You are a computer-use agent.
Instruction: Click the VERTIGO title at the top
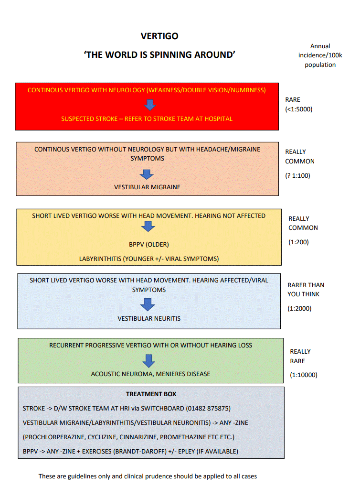point(159,36)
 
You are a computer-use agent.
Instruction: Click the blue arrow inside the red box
point(150,105)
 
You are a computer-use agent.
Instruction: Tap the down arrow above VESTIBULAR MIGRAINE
point(147,174)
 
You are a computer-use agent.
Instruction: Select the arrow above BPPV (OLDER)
point(148,227)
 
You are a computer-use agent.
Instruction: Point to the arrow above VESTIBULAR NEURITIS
point(148,304)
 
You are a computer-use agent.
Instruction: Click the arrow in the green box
point(149,361)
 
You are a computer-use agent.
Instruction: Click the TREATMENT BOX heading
point(151,394)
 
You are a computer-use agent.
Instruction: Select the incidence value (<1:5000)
point(299,109)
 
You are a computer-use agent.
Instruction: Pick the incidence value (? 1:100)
point(297,175)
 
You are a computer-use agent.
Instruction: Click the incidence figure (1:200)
point(298,242)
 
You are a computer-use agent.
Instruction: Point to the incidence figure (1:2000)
point(299,308)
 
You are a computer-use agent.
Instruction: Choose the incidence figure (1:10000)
point(304,375)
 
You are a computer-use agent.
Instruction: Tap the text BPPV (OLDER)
point(149,245)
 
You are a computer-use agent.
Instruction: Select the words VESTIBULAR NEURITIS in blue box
point(149,319)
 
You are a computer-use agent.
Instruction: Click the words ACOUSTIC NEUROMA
point(122,374)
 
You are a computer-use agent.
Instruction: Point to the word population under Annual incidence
point(320,65)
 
